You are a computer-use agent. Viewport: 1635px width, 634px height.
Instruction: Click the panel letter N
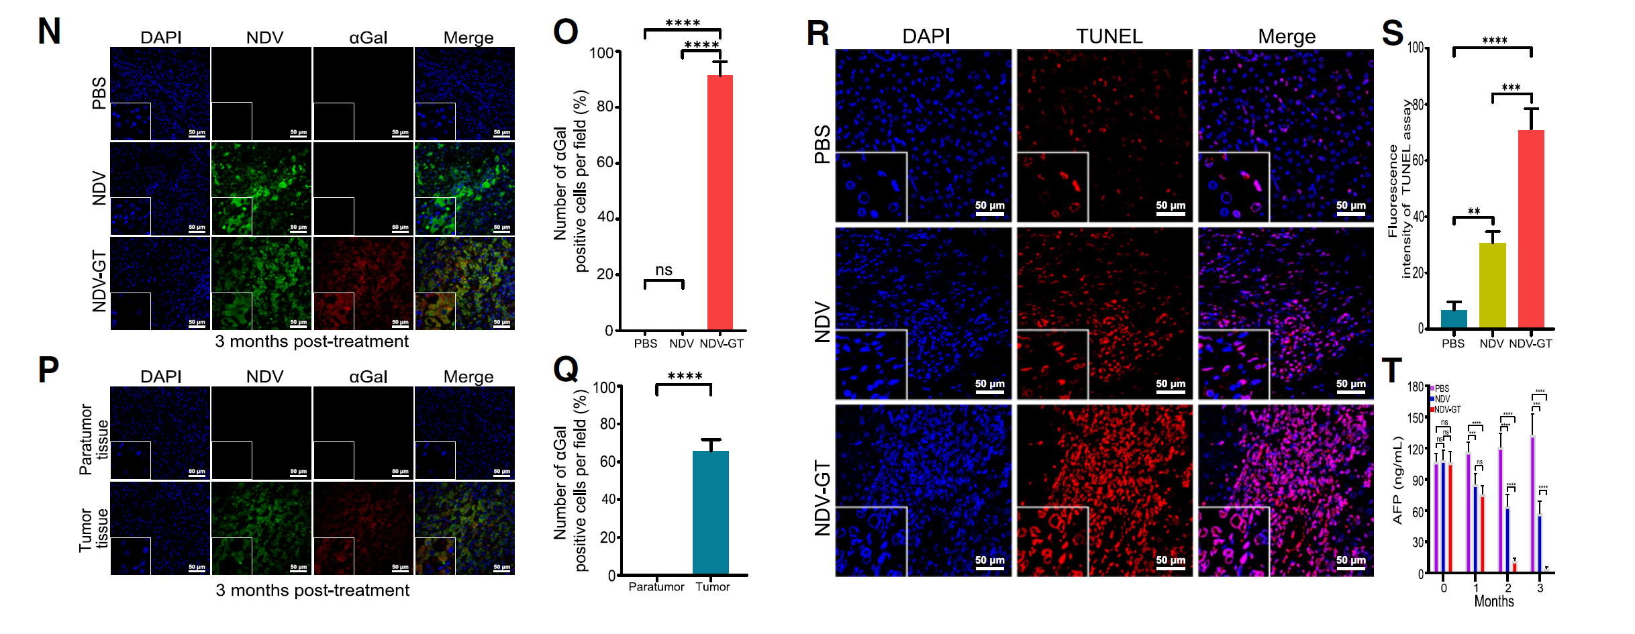click(49, 32)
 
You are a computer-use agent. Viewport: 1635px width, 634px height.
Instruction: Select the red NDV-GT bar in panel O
click(720, 201)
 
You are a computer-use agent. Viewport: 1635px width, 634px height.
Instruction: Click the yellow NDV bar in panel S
click(1492, 285)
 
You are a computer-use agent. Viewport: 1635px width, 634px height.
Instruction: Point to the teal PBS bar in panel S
click(1453, 319)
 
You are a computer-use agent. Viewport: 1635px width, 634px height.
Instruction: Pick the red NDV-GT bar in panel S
click(1531, 228)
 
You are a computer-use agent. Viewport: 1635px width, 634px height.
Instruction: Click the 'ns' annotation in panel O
click(663, 270)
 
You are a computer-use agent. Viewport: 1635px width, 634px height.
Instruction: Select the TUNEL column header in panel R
click(1109, 36)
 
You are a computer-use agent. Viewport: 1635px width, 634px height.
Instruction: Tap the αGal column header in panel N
click(368, 38)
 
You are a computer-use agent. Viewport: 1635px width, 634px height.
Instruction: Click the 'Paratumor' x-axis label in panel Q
click(656, 587)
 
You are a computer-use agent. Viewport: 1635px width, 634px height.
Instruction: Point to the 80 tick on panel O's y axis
click(605, 107)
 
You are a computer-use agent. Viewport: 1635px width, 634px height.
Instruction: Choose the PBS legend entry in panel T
click(1441, 388)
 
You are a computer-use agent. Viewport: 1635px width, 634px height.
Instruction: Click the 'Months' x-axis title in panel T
click(1493, 601)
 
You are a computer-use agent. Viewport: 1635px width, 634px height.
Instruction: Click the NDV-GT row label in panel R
click(822, 498)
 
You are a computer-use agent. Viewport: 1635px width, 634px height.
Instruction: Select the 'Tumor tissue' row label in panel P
click(93, 529)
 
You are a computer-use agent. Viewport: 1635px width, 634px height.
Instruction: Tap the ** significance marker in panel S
click(1474, 211)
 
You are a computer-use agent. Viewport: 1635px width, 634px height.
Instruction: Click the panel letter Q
click(566, 369)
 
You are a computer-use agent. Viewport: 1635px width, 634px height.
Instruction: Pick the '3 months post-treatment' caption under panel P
click(312, 590)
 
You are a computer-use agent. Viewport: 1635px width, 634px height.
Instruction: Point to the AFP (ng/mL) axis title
click(1397, 480)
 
